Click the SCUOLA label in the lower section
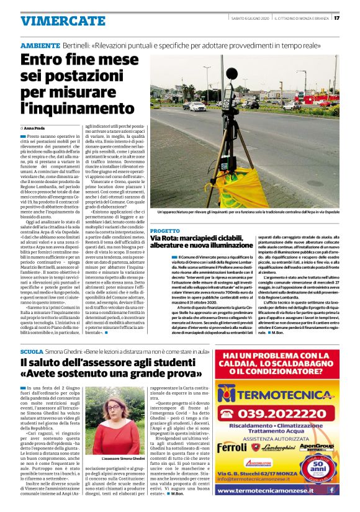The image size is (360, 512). pyautogui.click(x=32, y=352)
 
